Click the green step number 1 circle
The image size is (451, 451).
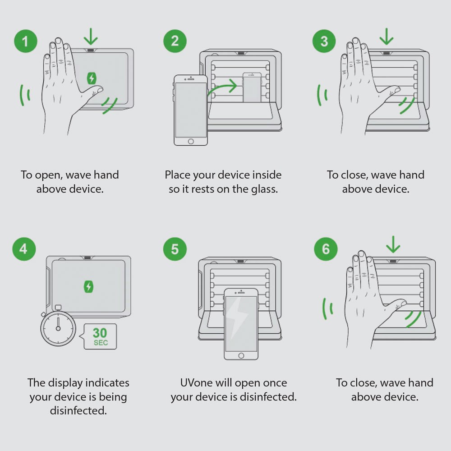[26, 41]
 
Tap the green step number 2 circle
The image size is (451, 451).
[175, 41]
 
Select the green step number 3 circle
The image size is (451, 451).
[324, 41]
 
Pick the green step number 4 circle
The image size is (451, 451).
[24, 249]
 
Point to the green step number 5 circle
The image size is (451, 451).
[175, 249]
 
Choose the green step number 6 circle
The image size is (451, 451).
[326, 249]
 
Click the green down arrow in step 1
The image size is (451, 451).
[91, 37]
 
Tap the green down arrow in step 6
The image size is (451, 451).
[393, 244]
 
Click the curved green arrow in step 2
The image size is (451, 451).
[222, 87]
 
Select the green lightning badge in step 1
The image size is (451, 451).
[92, 78]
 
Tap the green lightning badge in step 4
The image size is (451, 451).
[88, 287]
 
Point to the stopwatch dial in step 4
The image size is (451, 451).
[58, 328]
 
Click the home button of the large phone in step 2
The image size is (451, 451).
[191, 141]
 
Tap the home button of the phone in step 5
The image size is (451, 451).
[241, 356]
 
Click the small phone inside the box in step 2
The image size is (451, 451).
[252, 87]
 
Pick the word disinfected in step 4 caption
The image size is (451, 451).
[78, 410]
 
